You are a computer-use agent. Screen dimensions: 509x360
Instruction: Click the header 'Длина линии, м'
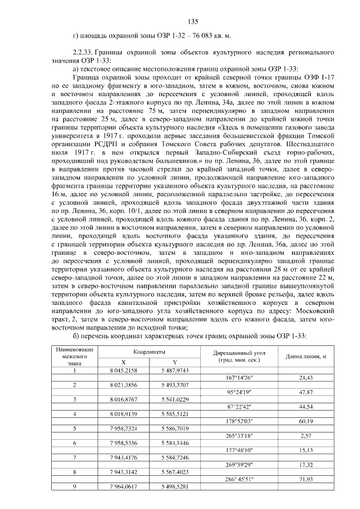click(306, 356)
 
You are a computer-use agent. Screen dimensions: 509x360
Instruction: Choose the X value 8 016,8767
click(123, 399)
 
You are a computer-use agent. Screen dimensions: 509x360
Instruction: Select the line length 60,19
click(306, 421)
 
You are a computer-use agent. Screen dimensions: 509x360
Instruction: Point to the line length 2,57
click(306, 435)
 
